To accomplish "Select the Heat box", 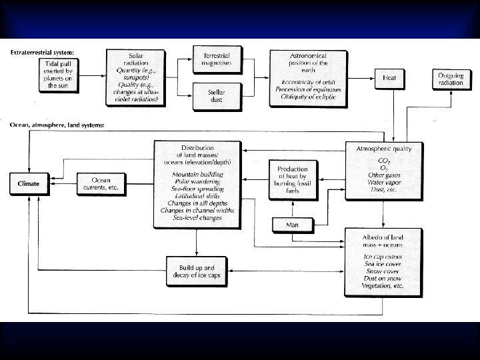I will click(x=390, y=79).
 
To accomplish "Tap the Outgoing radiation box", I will click(x=451, y=79).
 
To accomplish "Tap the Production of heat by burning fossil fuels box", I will click(x=293, y=179).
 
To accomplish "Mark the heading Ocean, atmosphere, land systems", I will click(x=57, y=125).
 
